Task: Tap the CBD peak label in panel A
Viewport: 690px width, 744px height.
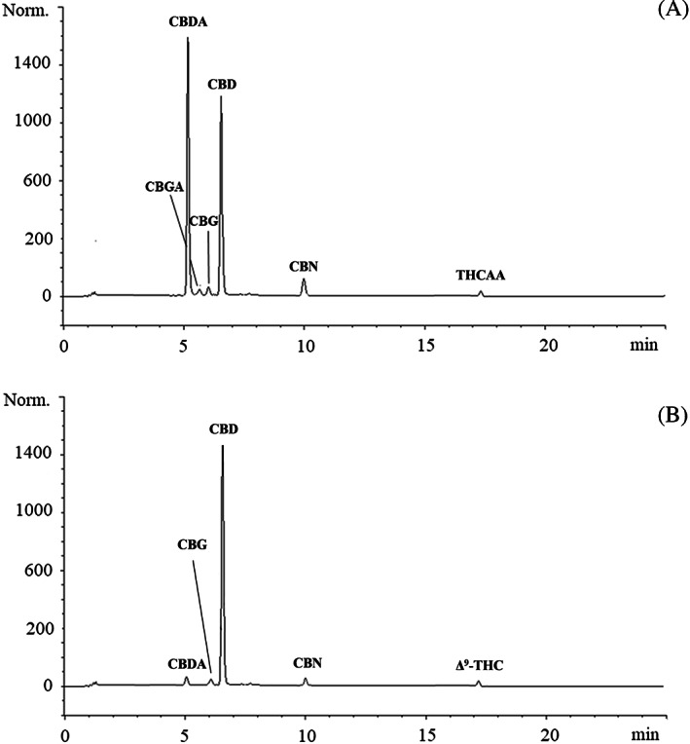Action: [x=222, y=85]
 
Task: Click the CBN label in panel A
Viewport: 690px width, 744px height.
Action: [x=304, y=265]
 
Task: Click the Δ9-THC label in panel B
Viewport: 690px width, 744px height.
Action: [x=478, y=666]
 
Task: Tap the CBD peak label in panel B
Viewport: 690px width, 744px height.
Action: [x=224, y=428]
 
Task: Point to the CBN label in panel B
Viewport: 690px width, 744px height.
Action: [x=308, y=663]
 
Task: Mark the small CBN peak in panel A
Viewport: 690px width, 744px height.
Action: [x=304, y=285]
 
